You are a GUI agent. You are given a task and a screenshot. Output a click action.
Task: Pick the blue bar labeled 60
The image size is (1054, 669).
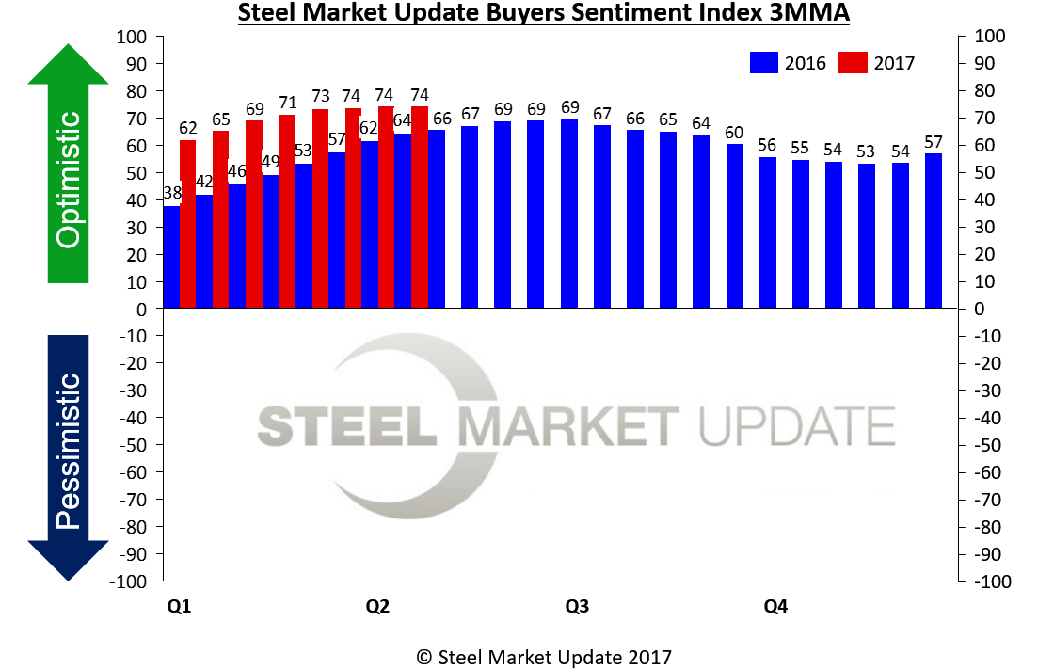tap(735, 227)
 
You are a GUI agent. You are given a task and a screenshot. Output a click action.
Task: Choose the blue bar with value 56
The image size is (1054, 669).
tap(768, 233)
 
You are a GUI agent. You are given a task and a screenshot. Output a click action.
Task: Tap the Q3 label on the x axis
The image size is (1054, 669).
tap(577, 607)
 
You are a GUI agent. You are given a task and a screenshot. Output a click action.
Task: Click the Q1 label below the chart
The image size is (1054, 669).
tap(179, 607)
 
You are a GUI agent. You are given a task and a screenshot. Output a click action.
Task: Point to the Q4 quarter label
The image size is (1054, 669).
tap(775, 607)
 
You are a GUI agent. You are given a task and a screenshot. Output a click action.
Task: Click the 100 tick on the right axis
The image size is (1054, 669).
tap(982, 37)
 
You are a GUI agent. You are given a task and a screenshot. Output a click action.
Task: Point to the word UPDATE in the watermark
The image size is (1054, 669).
tap(796, 425)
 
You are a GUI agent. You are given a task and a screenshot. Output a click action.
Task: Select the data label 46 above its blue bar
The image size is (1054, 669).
tap(236, 171)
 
